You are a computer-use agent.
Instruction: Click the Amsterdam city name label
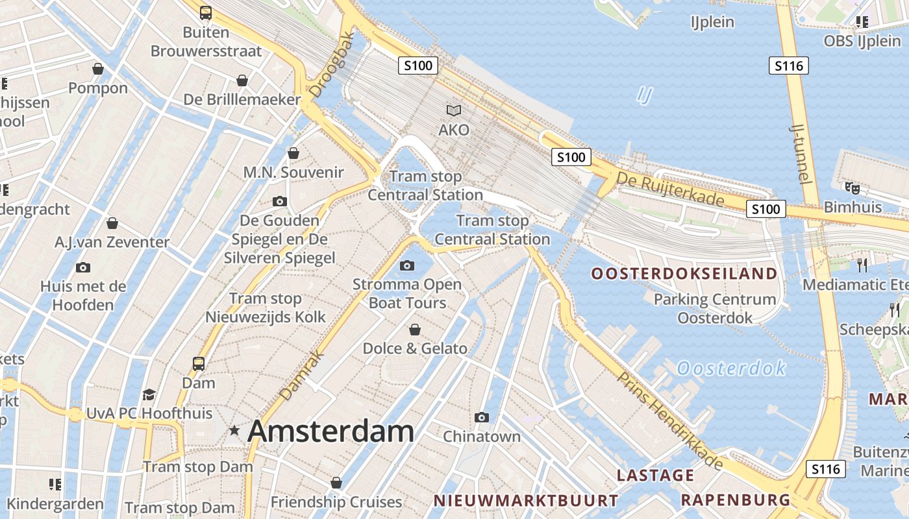[330, 431]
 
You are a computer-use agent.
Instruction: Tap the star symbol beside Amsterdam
[234, 430]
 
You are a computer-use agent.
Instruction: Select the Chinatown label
[482, 437]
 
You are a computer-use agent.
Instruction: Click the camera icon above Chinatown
[481, 417]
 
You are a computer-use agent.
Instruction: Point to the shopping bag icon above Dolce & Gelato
[414, 330]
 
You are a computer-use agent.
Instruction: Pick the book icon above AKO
[453, 111]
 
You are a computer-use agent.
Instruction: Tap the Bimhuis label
[853, 207]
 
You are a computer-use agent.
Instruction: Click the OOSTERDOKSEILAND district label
[684, 274]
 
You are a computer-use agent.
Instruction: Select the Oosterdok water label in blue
[731, 368]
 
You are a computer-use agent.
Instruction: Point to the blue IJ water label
[643, 95]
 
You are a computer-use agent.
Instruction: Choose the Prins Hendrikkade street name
[670, 420]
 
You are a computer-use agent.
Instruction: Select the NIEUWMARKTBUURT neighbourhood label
[525, 501]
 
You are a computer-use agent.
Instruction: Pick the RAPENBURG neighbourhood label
[735, 500]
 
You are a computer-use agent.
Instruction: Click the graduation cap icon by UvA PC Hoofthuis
[149, 395]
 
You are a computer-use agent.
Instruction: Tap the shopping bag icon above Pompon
[98, 69]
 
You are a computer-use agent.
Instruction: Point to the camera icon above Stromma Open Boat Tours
[407, 265]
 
